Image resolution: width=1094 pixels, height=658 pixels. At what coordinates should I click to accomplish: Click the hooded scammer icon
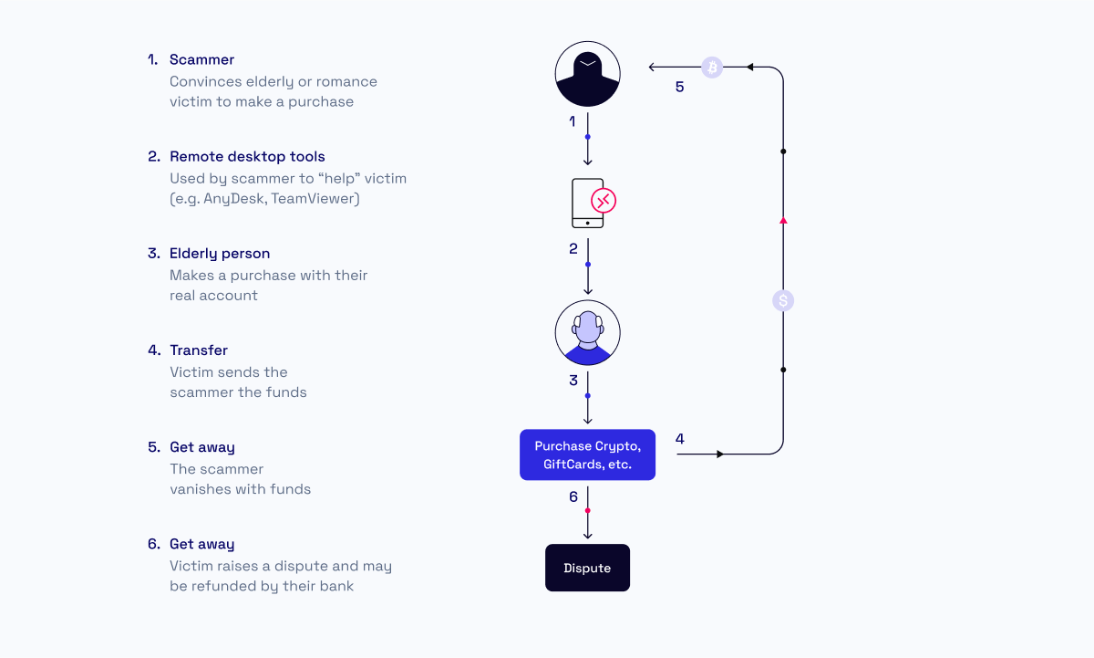[x=587, y=74]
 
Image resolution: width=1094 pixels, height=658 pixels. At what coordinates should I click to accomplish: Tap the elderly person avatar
[x=587, y=332]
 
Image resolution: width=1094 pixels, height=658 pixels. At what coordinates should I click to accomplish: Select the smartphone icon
[x=587, y=203]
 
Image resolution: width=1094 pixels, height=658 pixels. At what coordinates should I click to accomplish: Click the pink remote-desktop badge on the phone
[x=604, y=201]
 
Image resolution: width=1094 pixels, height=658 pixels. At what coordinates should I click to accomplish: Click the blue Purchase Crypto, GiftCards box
[x=587, y=454]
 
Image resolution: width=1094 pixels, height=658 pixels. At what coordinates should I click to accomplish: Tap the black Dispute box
[x=587, y=568]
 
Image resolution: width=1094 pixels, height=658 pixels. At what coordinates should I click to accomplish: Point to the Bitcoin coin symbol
[x=712, y=67]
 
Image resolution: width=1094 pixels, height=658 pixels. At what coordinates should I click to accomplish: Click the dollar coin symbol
[x=783, y=300]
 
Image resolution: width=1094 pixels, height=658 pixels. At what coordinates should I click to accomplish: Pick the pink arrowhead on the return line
[x=783, y=221]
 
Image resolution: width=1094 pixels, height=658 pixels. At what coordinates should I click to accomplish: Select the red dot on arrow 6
[x=587, y=510]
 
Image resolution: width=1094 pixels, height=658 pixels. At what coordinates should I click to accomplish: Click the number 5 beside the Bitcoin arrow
[x=679, y=87]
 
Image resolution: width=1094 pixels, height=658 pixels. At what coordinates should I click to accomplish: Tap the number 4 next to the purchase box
[x=680, y=438]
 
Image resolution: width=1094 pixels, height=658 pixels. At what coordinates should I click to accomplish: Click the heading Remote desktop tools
[x=247, y=156]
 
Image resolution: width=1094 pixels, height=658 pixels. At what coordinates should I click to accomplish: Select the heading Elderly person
[x=220, y=254]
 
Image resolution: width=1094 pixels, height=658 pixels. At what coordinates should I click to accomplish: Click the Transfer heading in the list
[x=199, y=350]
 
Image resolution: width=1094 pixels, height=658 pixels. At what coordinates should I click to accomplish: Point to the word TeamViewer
[x=315, y=198]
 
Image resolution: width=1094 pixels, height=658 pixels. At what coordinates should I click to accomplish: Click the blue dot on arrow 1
[x=587, y=137]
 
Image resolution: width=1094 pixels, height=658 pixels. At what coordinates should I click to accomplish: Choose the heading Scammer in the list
[x=201, y=59]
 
